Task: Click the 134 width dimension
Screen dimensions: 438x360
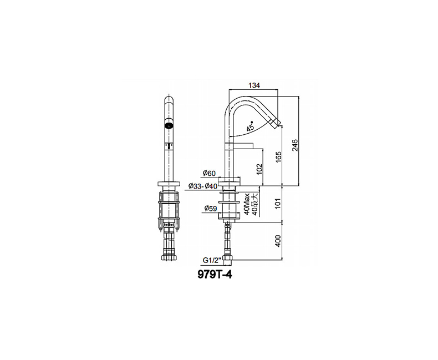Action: (x=254, y=85)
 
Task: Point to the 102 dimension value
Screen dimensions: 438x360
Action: (x=259, y=169)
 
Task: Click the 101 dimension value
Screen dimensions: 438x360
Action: (x=278, y=204)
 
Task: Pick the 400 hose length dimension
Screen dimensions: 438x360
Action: (x=278, y=241)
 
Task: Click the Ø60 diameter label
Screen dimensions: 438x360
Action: (x=209, y=173)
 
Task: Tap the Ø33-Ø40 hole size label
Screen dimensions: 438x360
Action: (x=203, y=186)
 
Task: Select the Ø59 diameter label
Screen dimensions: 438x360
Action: (x=211, y=208)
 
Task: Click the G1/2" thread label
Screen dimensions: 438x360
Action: (x=212, y=260)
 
